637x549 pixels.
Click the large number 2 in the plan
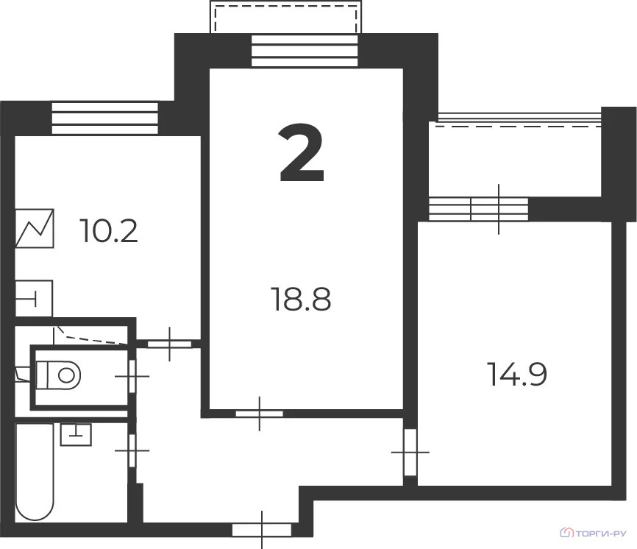pyautogui.click(x=302, y=154)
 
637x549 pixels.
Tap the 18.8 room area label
pyautogui.click(x=302, y=300)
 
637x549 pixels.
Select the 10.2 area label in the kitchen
pyautogui.click(x=110, y=232)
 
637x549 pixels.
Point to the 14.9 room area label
pyautogui.click(x=518, y=374)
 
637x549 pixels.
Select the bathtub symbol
pyautogui.click(x=35, y=471)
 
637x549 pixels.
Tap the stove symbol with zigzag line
pyautogui.click(x=35, y=229)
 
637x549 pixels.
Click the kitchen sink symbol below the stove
pyautogui.click(x=34, y=298)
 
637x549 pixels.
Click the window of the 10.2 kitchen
pyautogui.click(x=105, y=118)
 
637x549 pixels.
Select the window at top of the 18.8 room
pyautogui.click(x=305, y=50)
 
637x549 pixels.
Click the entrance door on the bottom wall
pyautogui.click(x=261, y=528)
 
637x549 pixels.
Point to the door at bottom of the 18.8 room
pyautogui.click(x=260, y=414)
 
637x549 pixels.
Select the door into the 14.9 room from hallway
pyautogui.click(x=410, y=450)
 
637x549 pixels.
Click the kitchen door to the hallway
pyautogui.click(x=170, y=343)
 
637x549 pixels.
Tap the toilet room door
pyautogui.click(x=132, y=376)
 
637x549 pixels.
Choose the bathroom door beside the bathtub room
pyautogui.click(x=133, y=450)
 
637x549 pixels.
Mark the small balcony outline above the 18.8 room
pyautogui.click(x=286, y=17)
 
